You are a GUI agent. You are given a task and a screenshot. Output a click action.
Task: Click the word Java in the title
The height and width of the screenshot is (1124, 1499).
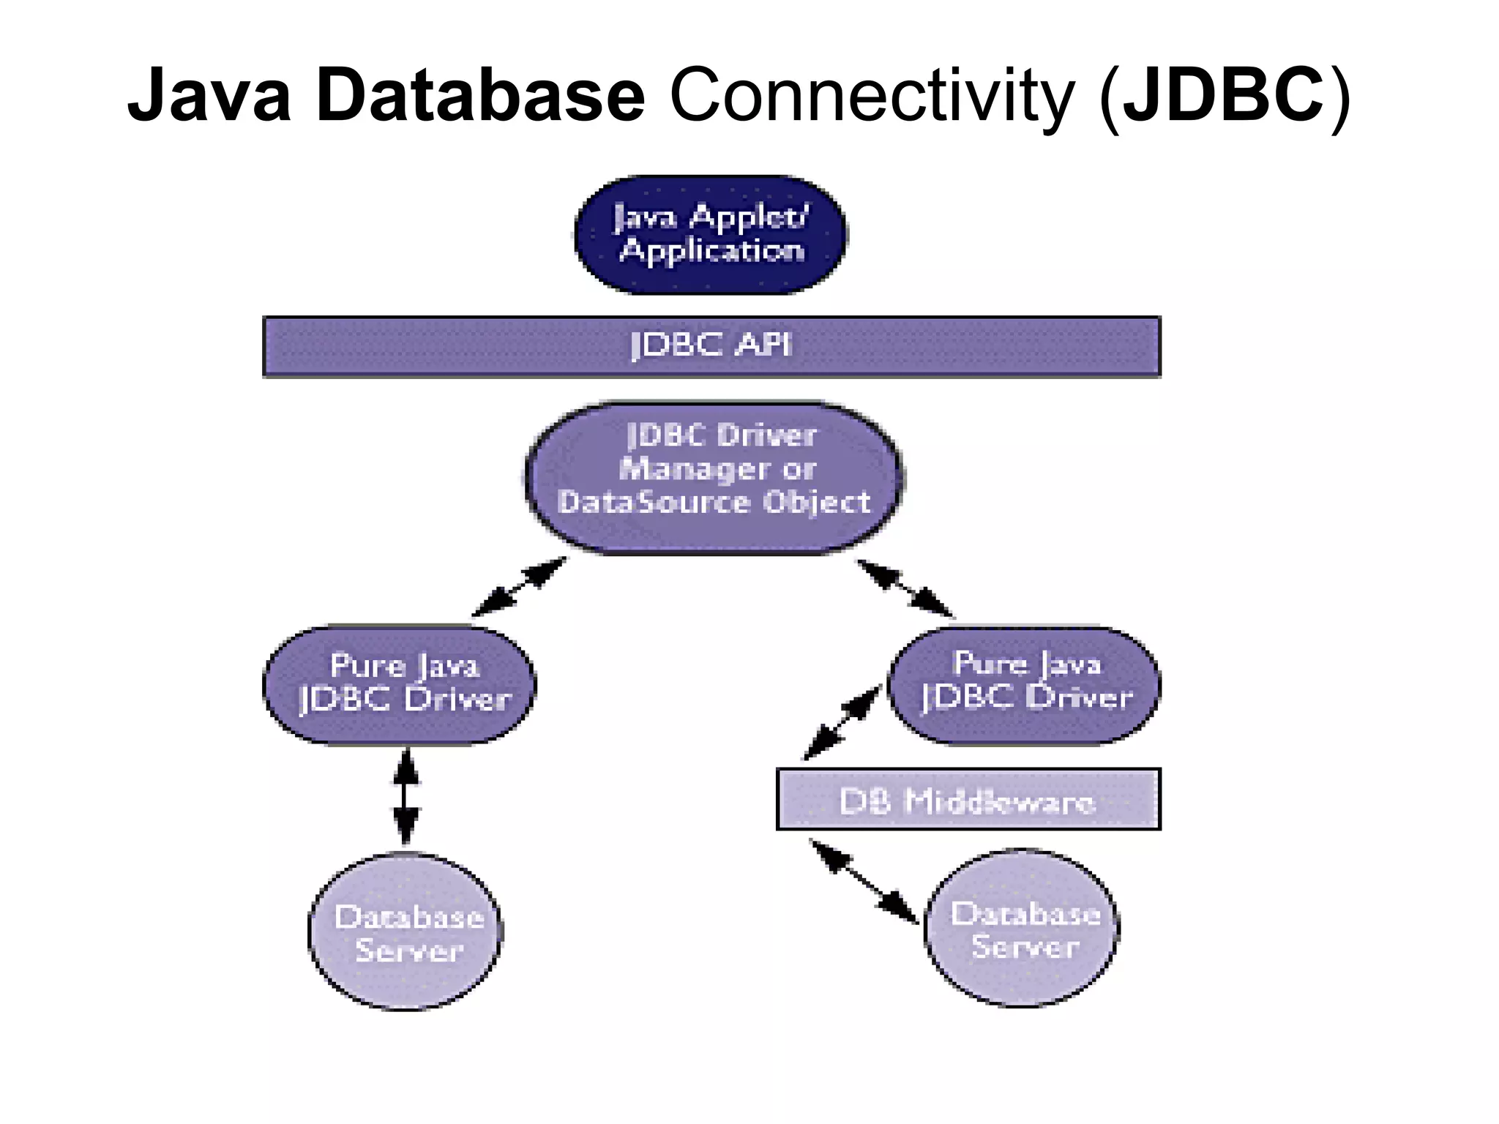coord(209,96)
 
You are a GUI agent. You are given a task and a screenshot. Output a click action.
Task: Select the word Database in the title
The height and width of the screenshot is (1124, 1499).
coord(480,96)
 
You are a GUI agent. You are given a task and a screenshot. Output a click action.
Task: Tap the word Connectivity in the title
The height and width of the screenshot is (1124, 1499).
coord(872,96)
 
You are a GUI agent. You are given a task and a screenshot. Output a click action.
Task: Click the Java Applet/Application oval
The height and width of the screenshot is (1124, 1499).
coord(711,235)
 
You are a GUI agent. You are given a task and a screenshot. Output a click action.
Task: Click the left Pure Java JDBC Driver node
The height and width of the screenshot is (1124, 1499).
coord(400,685)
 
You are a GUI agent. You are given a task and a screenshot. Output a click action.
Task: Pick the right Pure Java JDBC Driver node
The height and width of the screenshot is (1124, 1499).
coord(1025,685)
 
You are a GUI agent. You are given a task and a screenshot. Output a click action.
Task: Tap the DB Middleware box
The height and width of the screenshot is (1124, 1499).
coord(968,799)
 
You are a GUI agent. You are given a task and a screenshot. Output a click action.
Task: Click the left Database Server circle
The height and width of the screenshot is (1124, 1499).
coord(406,932)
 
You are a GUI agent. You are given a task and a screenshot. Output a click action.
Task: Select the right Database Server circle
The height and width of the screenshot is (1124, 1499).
coord(1023,929)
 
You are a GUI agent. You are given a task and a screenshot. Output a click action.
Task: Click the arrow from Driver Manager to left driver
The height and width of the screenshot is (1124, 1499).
coord(519,587)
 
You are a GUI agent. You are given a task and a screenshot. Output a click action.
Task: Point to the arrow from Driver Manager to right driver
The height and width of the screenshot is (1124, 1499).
coord(905,588)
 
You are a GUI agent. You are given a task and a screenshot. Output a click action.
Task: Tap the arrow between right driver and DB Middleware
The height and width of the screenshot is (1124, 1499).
coord(842,722)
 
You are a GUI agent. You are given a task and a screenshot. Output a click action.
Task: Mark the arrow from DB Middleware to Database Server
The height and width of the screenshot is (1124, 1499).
coord(864,882)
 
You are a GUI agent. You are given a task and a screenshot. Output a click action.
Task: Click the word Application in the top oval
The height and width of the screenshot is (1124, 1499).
coord(711,251)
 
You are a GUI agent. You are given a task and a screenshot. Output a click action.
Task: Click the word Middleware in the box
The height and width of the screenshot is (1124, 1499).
coord(1000,802)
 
